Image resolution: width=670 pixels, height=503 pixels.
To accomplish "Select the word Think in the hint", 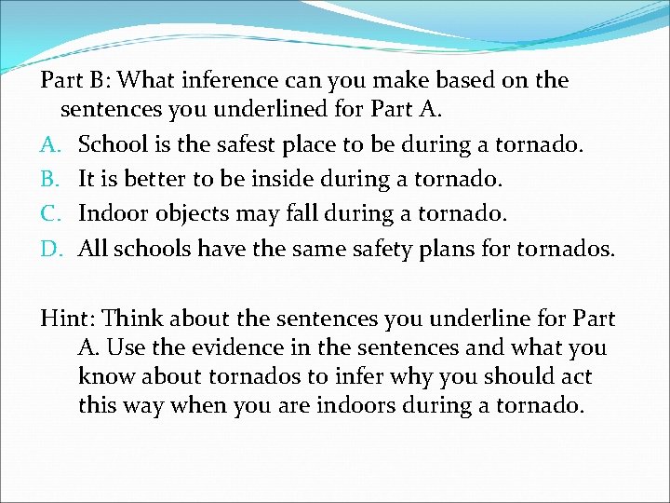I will click(x=127, y=319).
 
